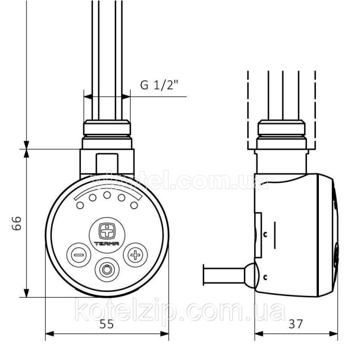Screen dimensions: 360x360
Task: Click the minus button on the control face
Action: (x=78, y=255)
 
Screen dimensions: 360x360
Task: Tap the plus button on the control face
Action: (x=135, y=255)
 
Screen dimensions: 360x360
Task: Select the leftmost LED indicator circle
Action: (x=80, y=206)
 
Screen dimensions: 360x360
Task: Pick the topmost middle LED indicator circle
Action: (x=106, y=195)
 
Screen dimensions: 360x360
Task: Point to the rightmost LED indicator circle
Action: (x=134, y=206)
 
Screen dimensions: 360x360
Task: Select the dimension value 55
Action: (x=106, y=324)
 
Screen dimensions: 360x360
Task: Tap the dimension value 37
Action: (x=295, y=324)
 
